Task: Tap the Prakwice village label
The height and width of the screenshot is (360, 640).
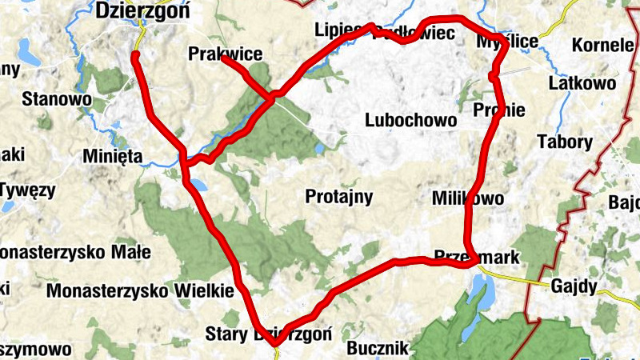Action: (226, 54)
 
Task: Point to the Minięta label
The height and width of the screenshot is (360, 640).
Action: (112, 158)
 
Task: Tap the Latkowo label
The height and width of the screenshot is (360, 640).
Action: (582, 83)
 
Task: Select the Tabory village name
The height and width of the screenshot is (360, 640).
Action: (565, 143)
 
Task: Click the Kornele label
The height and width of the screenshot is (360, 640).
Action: (602, 45)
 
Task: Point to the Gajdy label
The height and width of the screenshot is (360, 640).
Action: (574, 286)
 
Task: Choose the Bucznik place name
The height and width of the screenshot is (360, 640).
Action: (378, 349)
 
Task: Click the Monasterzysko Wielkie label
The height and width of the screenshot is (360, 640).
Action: (139, 290)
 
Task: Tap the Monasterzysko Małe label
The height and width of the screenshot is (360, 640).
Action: (74, 253)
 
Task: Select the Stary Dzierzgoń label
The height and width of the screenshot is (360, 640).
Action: (267, 334)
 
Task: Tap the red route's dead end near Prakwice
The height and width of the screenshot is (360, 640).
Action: (223, 59)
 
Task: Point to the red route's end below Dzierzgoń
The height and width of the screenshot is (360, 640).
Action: (135, 54)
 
